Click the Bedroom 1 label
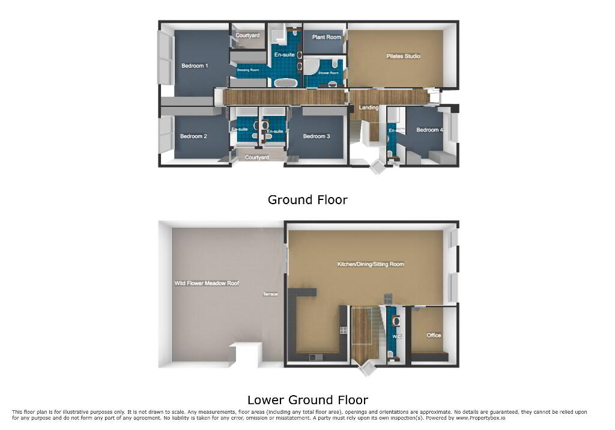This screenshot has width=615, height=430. click(x=195, y=66)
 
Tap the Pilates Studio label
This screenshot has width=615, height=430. click(x=403, y=56)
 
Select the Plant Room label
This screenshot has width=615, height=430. click(x=326, y=37)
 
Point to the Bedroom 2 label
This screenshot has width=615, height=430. click(x=193, y=136)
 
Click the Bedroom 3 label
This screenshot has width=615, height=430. click(x=317, y=136)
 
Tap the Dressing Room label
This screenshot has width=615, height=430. click(x=248, y=70)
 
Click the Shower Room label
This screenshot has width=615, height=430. click(x=329, y=73)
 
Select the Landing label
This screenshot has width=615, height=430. click(x=369, y=107)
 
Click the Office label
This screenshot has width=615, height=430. click(x=434, y=336)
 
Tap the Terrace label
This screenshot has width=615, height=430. click(x=270, y=294)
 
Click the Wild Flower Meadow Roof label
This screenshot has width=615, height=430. click(x=207, y=283)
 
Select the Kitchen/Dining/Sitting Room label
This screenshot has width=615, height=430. click(x=371, y=264)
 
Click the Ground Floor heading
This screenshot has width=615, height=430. click(x=307, y=200)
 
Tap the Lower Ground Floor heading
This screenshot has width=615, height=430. click(x=307, y=400)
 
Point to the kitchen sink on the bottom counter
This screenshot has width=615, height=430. click(x=316, y=357)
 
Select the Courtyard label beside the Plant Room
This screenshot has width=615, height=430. click(x=247, y=35)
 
